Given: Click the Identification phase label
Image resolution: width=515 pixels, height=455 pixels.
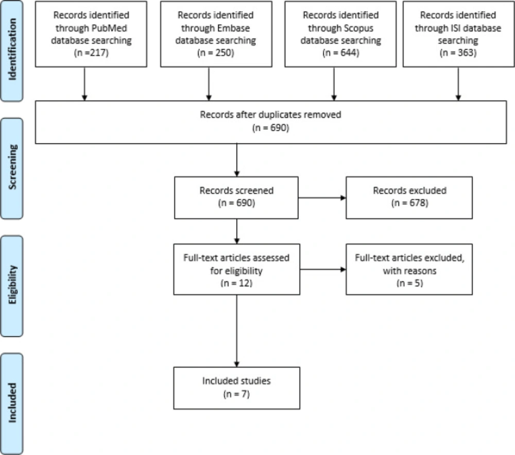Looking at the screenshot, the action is coord(12,49).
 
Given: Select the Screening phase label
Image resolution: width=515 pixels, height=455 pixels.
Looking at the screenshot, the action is coord(12,167).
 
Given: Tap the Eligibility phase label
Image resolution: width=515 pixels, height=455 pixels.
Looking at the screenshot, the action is coord(12,284).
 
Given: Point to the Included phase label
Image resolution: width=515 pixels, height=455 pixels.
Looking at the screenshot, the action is coord(12,403).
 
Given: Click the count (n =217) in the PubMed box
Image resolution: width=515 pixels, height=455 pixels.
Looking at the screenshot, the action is coord(91,53).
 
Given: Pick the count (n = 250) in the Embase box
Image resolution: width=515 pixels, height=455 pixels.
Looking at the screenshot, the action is coord(216,53).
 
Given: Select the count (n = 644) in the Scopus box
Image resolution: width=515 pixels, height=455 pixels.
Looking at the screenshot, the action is coord(340,53).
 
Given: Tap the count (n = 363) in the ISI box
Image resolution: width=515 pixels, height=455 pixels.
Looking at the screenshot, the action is coord(458,53).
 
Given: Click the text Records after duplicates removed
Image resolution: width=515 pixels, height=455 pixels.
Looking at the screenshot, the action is coord(271,115).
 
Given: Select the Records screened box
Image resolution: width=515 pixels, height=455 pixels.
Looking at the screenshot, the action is coord(236,197).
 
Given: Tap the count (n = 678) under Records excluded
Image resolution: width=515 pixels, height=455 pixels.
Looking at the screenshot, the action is coord(409,203).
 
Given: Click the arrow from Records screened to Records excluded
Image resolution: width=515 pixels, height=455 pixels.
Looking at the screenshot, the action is coord(322,197).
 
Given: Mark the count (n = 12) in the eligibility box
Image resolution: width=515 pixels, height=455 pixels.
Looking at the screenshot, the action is coord(236,283).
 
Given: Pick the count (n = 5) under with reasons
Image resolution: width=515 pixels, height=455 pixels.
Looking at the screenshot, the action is coord(409,283).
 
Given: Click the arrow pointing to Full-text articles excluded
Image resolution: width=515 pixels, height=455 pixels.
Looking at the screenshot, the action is coord(323,269).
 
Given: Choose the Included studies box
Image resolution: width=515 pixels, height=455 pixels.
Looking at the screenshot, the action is coord(237,388).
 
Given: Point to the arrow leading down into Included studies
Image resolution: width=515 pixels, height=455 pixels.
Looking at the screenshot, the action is coord(237,331).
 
